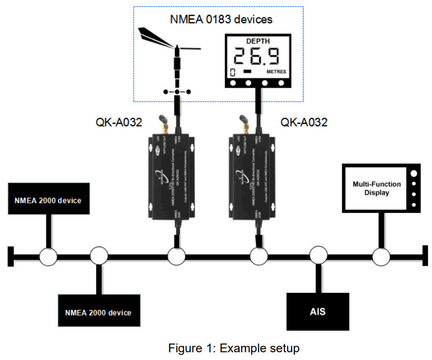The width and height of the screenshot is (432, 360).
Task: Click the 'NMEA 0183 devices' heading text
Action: click(221, 20)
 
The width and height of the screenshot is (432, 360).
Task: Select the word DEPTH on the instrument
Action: click(257, 41)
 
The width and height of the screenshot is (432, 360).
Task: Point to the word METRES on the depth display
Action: click(276, 72)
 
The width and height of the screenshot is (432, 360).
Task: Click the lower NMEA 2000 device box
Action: click(99, 312)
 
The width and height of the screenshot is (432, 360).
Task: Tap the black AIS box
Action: click(317, 312)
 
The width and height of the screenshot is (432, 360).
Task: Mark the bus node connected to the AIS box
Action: click(318, 256)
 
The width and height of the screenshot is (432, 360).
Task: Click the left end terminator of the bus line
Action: click(10, 256)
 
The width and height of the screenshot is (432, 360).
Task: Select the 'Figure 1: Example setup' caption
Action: click(233, 348)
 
